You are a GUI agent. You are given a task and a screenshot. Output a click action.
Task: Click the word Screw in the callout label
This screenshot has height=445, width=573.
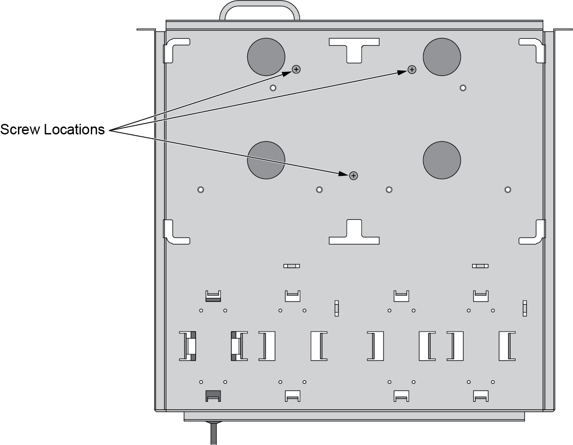pos(20,130)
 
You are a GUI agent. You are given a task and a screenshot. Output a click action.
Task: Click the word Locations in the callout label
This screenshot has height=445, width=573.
pos(74,130)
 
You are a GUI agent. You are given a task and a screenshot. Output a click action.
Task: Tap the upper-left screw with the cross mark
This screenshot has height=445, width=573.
pos(296,69)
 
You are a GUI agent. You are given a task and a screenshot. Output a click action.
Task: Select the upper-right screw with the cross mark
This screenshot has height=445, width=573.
pos(412,69)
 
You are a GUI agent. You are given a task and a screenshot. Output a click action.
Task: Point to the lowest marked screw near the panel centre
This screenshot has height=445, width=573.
pos(353,176)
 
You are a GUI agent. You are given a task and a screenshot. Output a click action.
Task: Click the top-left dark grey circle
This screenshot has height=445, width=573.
pos(266,57)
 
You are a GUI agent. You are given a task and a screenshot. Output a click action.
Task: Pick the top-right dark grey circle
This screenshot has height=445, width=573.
pos(442,57)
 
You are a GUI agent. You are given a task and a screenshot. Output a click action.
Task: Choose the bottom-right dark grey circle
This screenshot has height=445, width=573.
pos(442,160)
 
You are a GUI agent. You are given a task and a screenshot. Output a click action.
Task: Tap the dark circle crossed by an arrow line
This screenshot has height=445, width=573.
pos(266,160)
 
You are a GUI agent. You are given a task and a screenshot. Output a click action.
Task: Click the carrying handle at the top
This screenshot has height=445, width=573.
pos(259,3)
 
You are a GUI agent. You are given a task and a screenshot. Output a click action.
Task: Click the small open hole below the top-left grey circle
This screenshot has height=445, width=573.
pos(273,88)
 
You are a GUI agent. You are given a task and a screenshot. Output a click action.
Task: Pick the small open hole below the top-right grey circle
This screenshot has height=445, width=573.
pos(463,88)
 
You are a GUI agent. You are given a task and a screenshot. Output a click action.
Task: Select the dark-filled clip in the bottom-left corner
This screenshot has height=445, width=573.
pos(213,396)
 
